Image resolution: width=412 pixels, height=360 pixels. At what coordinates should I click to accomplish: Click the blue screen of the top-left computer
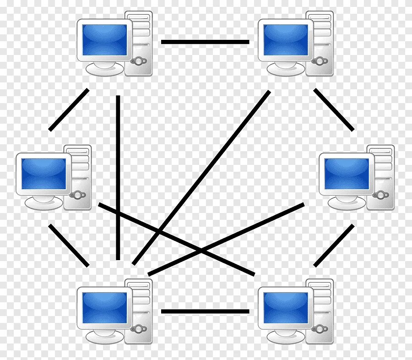104,40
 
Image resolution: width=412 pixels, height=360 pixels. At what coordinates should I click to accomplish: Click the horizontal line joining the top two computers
205,42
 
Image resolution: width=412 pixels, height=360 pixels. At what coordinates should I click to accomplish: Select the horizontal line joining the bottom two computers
205,311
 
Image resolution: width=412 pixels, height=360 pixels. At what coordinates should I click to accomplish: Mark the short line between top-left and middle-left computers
69,110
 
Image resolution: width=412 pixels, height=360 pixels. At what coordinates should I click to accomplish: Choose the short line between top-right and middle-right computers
333,109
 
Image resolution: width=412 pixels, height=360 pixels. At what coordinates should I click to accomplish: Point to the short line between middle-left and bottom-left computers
69,245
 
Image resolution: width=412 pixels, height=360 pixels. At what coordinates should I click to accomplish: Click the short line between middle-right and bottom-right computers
334,245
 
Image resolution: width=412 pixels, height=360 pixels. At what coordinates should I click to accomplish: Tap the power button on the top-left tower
138,61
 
